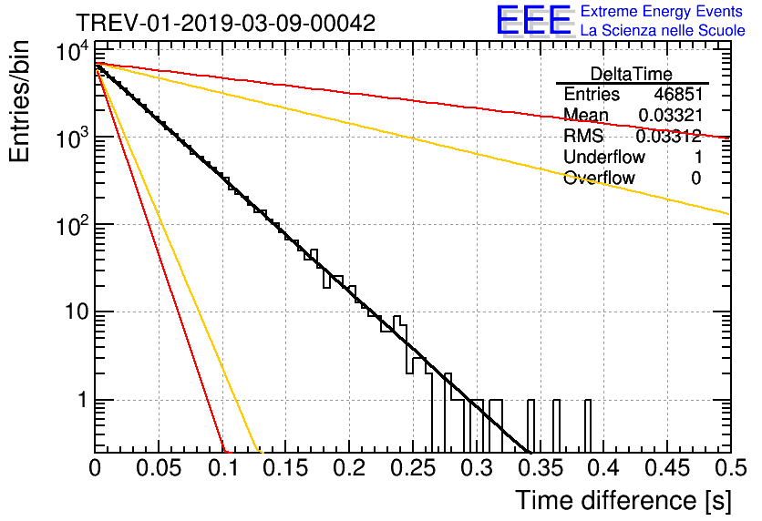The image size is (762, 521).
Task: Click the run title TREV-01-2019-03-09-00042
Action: [x=224, y=24]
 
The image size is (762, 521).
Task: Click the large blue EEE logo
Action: [x=533, y=21]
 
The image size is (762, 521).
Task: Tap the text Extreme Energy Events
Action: [x=662, y=12]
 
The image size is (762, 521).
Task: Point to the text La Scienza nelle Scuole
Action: [x=663, y=30]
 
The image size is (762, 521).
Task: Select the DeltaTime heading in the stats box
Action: [x=632, y=74]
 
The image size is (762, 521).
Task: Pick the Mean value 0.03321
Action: [x=669, y=116]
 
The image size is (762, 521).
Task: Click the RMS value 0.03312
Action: [x=668, y=137]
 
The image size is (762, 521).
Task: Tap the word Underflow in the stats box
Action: [x=603, y=157]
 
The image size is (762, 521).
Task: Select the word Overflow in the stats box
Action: [x=599, y=178]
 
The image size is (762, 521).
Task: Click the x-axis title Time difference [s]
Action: [x=623, y=500]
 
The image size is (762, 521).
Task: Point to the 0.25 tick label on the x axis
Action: [x=412, y=468]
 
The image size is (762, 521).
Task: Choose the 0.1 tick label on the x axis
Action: [x=222, y=468]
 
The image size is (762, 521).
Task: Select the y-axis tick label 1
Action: [x=80, y=401]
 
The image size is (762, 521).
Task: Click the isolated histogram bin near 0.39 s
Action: [x=588, y=425]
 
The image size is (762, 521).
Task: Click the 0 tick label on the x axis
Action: [x=96, y=468]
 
